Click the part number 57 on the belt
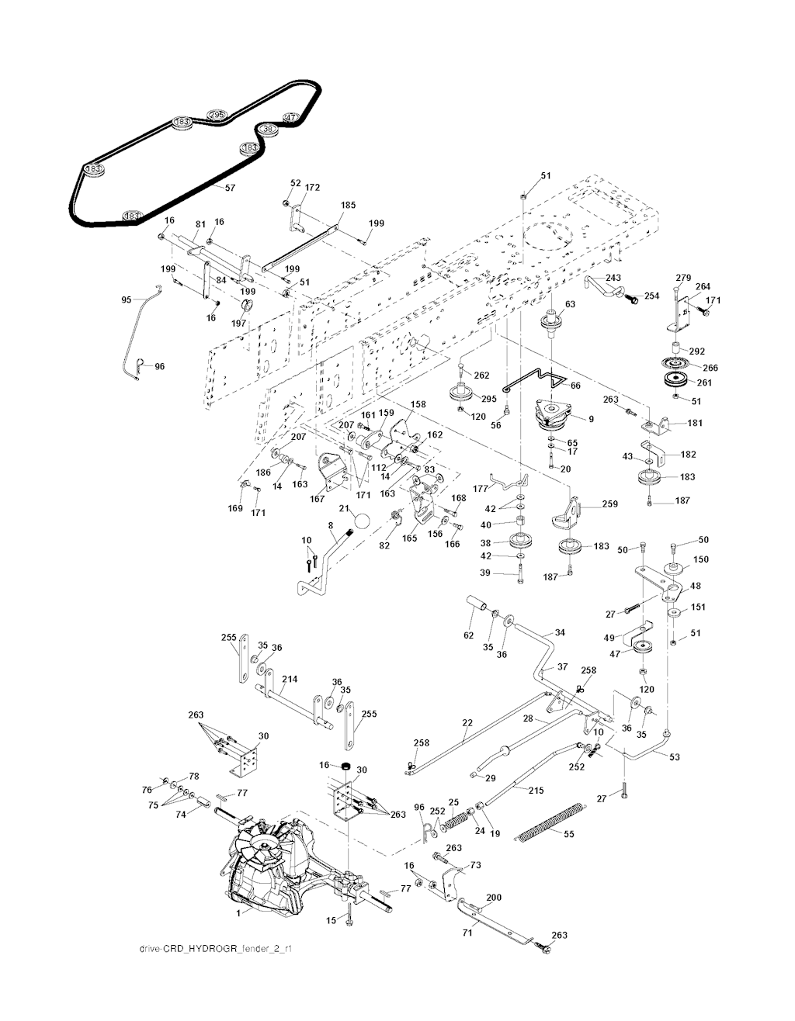pos(230,188)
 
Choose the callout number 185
pos(348,206)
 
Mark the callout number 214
pos(289,680)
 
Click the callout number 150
pos(700,559)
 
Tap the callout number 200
pos(494,898)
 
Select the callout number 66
pos(575,385)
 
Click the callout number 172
pos(312,188)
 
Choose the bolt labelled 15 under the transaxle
pos(348,918)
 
